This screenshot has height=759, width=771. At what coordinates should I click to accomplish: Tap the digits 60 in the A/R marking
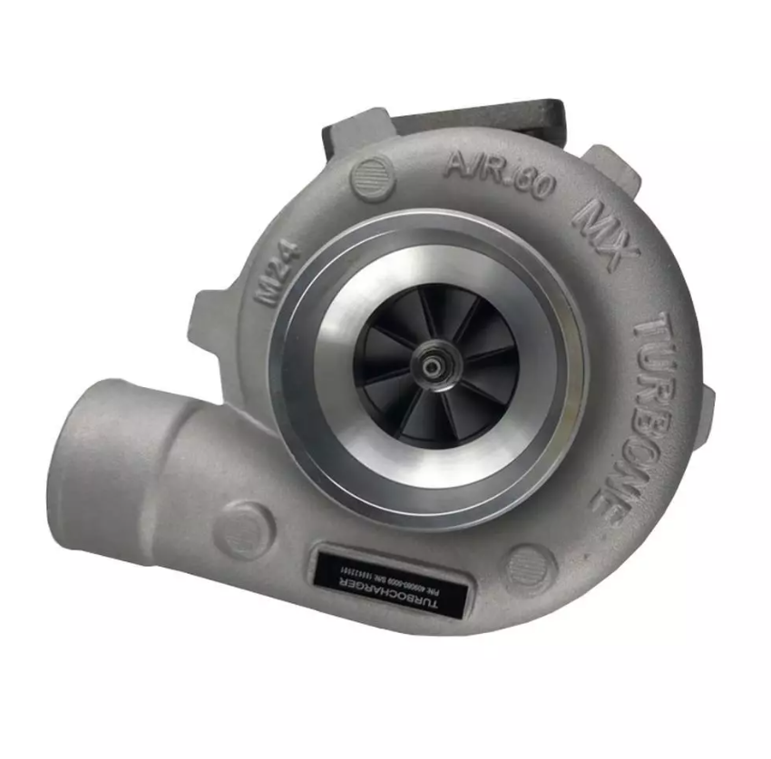534,184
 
